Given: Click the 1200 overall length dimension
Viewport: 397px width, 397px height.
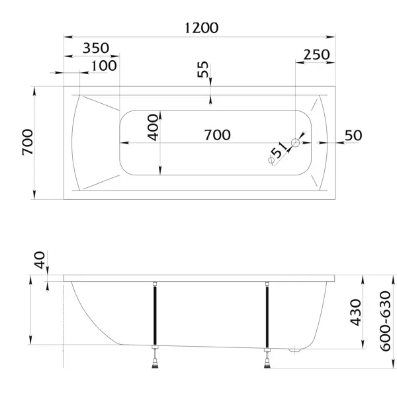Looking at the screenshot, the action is click(201, 28).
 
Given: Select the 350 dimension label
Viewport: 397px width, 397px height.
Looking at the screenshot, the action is click(96, 48).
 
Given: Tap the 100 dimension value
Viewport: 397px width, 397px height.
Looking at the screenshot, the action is click(104, 66).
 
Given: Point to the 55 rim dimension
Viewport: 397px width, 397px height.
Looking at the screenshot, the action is click(203, 69).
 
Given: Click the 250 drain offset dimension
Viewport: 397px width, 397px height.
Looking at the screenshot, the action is click(317, 55).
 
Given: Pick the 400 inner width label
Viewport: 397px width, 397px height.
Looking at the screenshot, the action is click(154, 127).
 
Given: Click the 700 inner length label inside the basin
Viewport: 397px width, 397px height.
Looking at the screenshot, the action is click(218, 135).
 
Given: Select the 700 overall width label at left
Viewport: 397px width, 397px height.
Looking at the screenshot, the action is click(28, 142).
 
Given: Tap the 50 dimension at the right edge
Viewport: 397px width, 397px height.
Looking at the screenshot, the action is click(353, 136).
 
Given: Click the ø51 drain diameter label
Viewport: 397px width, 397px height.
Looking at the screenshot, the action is click(278, 154).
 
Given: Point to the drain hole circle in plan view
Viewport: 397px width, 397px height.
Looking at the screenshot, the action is click(296, 143).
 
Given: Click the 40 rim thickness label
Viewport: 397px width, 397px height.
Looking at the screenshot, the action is click(40, 260).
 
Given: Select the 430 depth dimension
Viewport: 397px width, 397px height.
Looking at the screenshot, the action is click(356, 313).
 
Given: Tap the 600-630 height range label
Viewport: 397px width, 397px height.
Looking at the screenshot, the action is click(386, 321).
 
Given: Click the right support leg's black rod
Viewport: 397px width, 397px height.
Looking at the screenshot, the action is click(267, 317).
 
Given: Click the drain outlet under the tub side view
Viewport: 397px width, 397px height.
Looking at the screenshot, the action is click(294, 351).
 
